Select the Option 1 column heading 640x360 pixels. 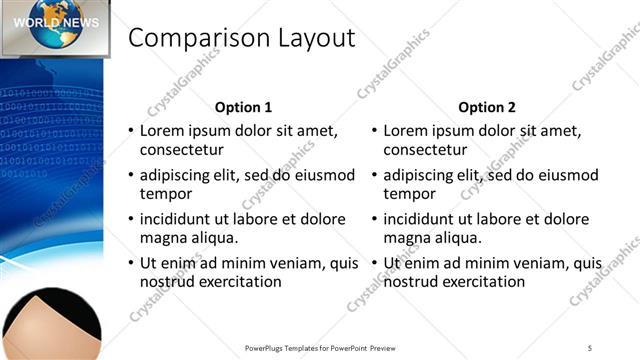pos(244,107)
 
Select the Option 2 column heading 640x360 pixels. pos(488,107)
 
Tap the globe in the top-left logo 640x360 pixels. pos(56,25)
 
